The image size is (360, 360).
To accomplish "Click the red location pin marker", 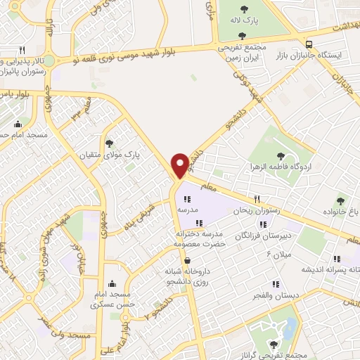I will [x=181, y=165].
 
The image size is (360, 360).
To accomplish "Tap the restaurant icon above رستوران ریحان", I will [x=257, y=199].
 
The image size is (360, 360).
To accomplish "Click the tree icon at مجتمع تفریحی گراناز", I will [x=272, y=345].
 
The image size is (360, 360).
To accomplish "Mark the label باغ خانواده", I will [x=346, y=211].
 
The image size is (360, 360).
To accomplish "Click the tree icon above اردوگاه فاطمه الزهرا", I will [x=281, y=156].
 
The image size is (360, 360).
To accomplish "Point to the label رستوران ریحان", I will [x=261, y=210].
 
